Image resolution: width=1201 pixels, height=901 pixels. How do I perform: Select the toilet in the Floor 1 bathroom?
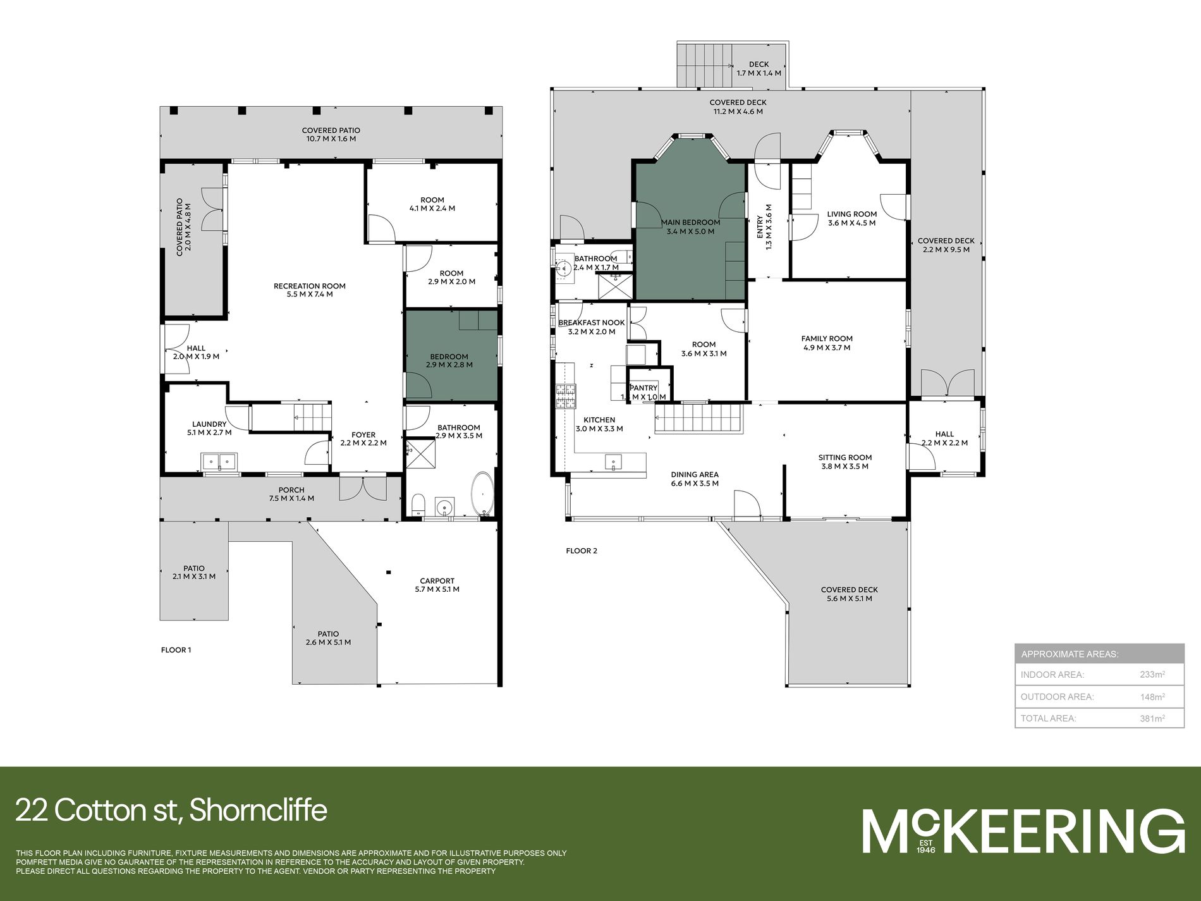tap(418, 505)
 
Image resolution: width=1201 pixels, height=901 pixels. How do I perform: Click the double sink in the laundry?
tap(219, 462)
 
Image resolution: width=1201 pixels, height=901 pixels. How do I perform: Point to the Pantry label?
tap(643, 388)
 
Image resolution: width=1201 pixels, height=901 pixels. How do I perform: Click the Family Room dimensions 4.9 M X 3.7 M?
tap(827, 347)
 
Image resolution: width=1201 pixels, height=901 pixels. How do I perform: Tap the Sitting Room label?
tap(845, 457)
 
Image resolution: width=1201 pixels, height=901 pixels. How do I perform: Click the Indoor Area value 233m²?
tap(1152, 674)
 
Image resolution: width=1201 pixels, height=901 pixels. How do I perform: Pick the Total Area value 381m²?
tap(1152, 718)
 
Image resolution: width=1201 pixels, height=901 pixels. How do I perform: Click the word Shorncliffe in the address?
tap(258, 810)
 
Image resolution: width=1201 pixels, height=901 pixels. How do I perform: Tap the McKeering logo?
tap(1023, 831)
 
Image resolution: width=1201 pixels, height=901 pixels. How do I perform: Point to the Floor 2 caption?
tap(582, 551)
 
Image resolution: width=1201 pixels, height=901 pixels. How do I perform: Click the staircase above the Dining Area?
tap(698, 418)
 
